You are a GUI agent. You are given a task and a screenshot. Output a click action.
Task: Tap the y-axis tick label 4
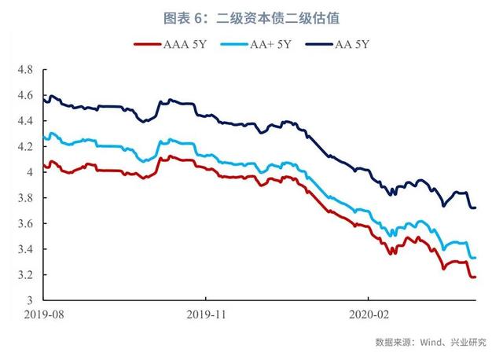click(29, 172)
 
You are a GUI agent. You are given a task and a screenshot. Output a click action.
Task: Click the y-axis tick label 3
click(29, 300)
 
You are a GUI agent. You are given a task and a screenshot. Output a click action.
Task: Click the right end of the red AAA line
click(475, 277)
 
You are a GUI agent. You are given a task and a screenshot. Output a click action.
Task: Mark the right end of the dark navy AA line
click(475, 208)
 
